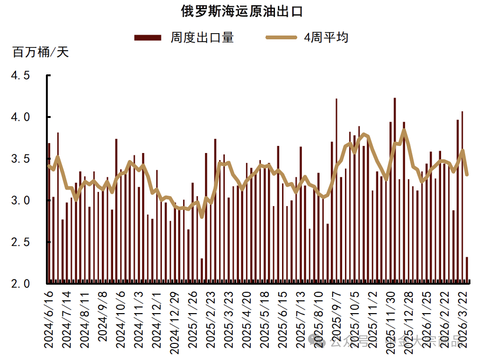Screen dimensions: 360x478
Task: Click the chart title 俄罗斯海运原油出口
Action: coord(241,11)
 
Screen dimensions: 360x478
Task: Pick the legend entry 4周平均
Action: coord(326,37)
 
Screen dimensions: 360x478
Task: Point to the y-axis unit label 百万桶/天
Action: coord(41,52)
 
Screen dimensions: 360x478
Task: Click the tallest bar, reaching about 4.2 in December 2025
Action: coord(395,189)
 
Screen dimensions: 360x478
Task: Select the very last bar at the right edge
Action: coord(467,270)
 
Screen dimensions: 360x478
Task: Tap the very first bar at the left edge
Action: coord(49,213)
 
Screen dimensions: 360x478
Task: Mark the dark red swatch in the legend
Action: coord(148,37)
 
